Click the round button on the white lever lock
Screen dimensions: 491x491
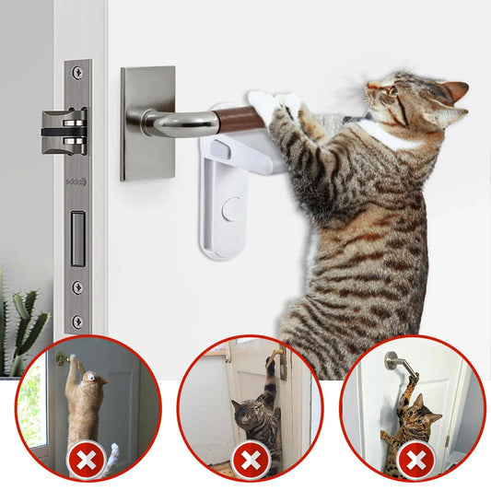click(x=231, y=209)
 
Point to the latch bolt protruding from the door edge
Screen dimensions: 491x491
click(x=64, y=130)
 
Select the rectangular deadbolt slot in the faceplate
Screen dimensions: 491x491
click(x=78, y=239)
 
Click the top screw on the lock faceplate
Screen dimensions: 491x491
click(x=78, y=71)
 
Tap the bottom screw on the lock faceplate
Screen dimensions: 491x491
click(x=78, y=321)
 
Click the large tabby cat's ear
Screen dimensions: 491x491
click(x=450, y=93)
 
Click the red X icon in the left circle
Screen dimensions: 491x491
click(x=88, y=459)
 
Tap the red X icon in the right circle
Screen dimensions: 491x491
click(x=415, y=459)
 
